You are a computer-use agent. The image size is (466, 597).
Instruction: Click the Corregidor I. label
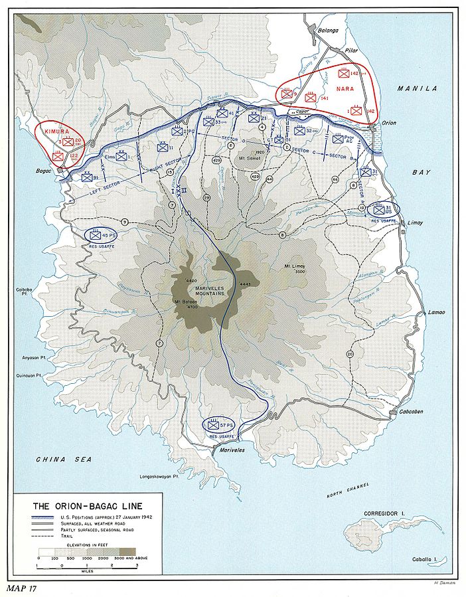pos(384,514)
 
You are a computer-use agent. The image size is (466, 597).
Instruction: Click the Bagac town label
pos(45,171)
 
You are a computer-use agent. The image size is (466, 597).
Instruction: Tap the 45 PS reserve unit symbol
pos(98,235)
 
